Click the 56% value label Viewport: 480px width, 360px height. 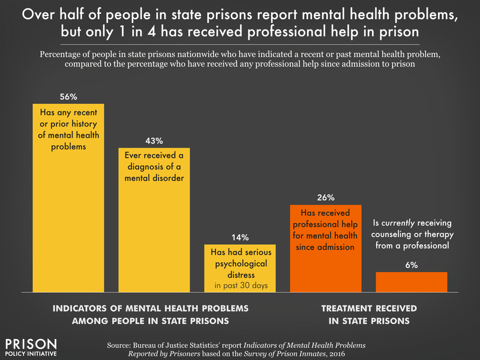[x=68, y=96]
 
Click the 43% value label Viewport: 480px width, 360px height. [x=154, y=140]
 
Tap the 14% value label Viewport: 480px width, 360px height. [x=240, y=237]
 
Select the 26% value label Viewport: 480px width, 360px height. [x=326, y=197]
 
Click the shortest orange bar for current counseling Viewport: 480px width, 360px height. [x=412, y=282]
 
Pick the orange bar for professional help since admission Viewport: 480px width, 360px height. [x=326, y=264]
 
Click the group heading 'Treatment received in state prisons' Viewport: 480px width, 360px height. [x=368, y=315]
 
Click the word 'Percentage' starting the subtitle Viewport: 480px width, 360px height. [x=63, y=53]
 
